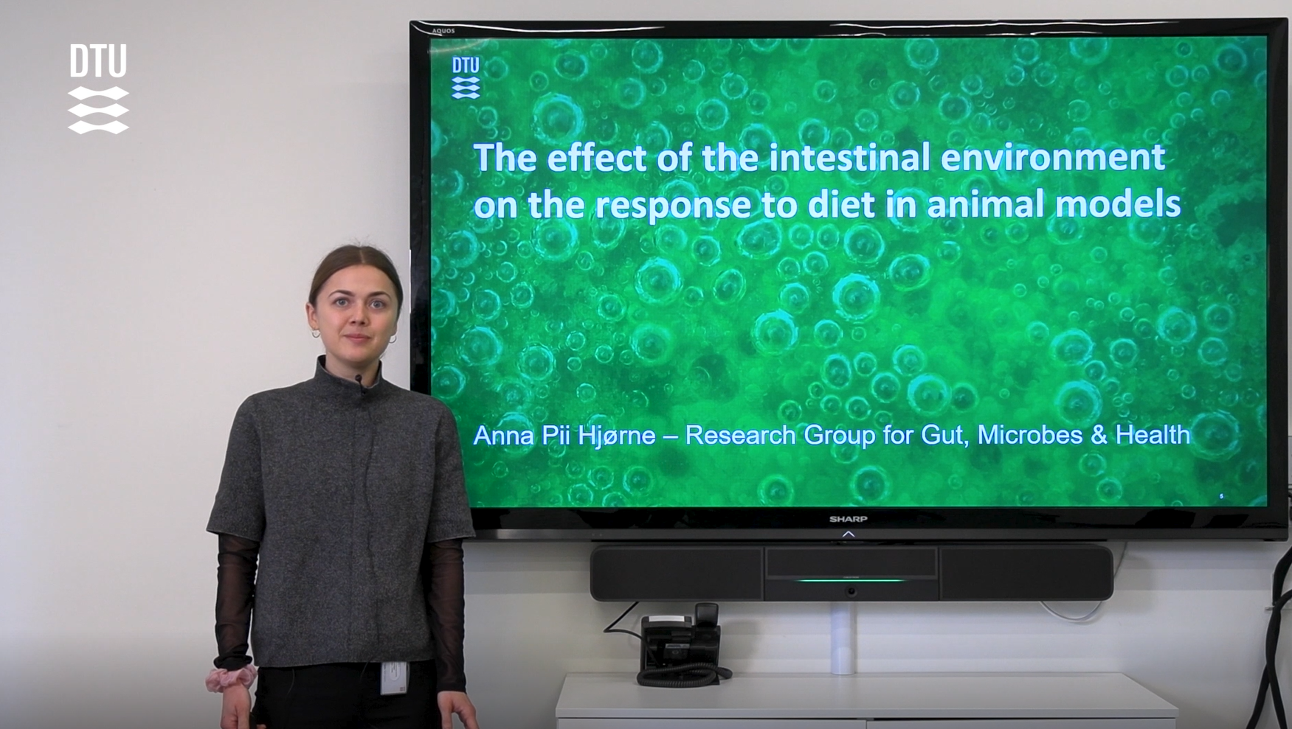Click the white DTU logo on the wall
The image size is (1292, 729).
(98, 88)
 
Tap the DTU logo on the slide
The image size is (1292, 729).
(466, 78)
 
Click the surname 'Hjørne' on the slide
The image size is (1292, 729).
(616, 436)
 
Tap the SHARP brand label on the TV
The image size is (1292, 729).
(848, 519)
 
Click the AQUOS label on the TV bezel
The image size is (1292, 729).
(443, 31)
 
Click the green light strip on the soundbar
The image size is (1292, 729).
(850, 580)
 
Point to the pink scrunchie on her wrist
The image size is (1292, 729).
(230, 678)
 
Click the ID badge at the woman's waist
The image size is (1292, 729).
(394, 677)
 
